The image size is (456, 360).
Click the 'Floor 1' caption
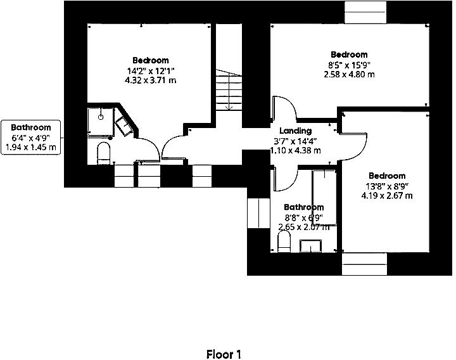coord(224,354)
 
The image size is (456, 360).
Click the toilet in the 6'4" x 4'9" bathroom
coord(104,153)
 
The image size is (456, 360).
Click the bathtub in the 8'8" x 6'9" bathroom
coord(324,196)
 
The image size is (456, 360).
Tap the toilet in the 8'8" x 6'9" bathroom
coord(284,241)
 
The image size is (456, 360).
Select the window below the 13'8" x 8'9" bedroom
coord(364,264)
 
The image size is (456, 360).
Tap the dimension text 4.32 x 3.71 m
coord(151,80)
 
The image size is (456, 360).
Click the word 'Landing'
coord(296,131)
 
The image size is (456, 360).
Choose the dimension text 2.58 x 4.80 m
coord(349,74)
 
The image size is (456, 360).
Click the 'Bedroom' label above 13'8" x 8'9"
coord(387,176)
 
